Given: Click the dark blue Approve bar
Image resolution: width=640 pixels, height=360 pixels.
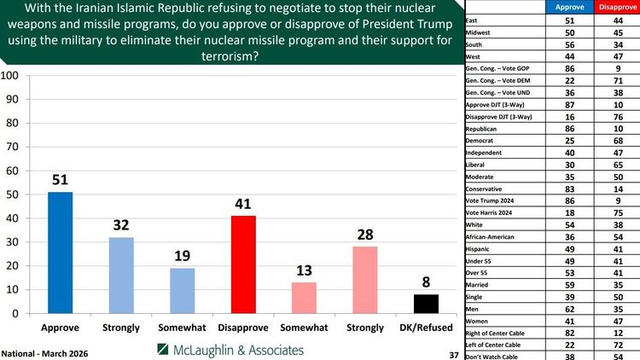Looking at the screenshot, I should coord(61,253).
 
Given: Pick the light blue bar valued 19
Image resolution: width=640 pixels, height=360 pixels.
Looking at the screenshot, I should coord(183,291).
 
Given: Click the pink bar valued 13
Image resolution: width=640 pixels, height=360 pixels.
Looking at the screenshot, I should coord(305,298).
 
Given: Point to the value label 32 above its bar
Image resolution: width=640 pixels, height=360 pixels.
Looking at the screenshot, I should coord(122,226).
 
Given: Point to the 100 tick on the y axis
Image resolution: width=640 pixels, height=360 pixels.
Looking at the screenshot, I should coord(11,75).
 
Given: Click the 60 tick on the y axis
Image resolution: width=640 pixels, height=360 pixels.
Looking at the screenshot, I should coord(13,171).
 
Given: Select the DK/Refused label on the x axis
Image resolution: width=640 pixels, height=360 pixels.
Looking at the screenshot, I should coord(428,328).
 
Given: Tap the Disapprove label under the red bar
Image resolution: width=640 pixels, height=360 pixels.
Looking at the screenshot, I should coord(244,328).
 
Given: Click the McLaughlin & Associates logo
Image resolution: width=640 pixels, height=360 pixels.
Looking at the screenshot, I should coord(230,350).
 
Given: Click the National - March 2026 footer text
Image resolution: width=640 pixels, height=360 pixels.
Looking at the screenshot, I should coord(44,352).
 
